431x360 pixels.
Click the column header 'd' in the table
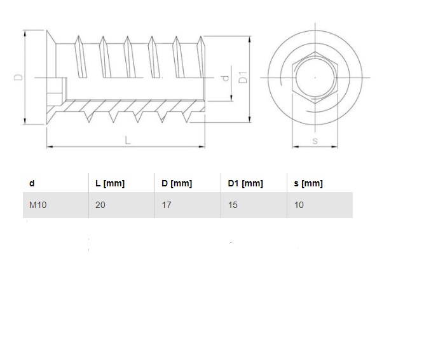tap(32, 183)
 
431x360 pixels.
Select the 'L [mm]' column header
tap(109, 183)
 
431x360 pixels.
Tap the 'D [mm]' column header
tap(176, 183)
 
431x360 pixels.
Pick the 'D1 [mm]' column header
tap(245, 183)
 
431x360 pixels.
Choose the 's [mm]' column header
tap(308, 183)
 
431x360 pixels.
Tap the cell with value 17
tap(167, 205)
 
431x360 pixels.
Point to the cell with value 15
tap(233, 205)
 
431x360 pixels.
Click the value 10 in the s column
tap(299, 205)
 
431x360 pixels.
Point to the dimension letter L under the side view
tap(127, 141)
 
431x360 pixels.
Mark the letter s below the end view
tap(315, 141)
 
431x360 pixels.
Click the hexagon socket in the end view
tap(315, 78)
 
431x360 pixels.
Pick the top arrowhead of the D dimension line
tap(25, 32)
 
